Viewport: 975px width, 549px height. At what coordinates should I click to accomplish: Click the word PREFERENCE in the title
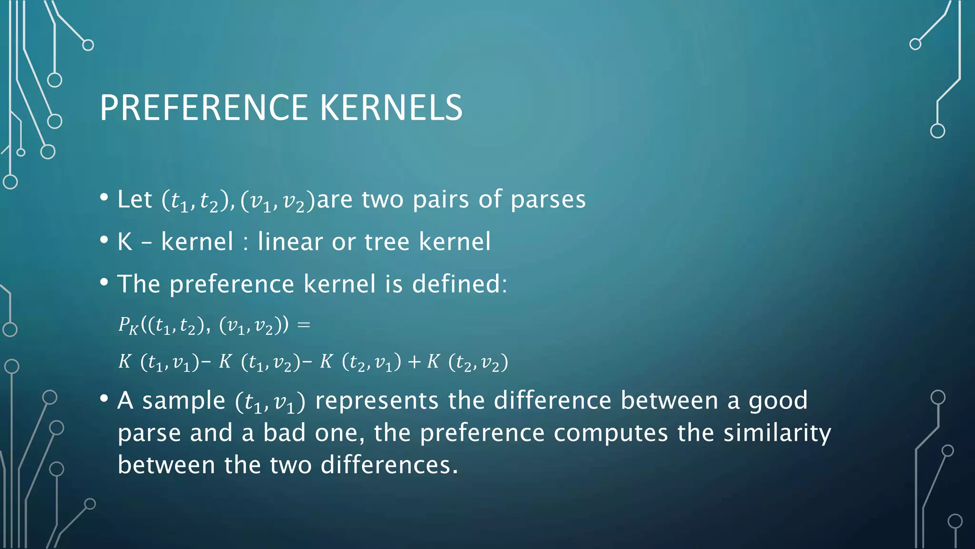click(204, 108)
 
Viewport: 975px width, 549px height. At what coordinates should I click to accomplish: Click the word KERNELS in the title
click(391, 108)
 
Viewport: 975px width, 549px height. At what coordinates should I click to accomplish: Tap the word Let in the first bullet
click(135, 199)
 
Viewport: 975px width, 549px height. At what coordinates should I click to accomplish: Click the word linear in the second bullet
click(290, 241)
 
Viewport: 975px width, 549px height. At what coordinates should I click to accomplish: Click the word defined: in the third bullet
click(459, 284)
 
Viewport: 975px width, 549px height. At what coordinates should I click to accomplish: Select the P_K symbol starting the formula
click(128, 325)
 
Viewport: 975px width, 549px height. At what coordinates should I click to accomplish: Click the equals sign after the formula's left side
click(303, 325)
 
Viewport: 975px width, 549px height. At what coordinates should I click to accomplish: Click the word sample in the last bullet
click(183, 400)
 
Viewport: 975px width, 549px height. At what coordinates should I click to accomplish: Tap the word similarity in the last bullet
click(777, 433)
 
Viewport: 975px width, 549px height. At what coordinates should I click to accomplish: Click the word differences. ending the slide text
click(389, 465)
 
